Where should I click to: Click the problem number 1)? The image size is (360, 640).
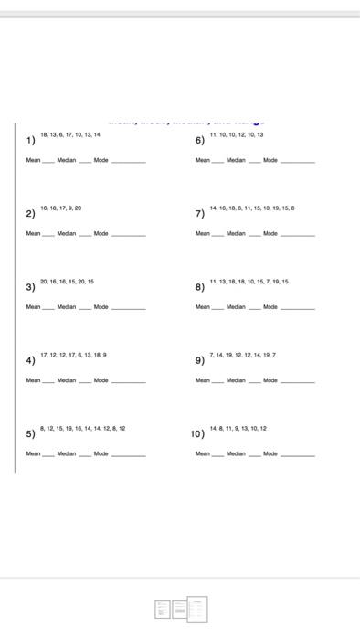(31, 141)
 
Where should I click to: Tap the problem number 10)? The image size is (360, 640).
(197, 433)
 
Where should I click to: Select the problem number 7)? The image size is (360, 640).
(199, 214)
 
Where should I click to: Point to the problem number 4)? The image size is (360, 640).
(31, 360)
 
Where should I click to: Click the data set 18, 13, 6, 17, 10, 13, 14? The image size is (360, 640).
(70, 134)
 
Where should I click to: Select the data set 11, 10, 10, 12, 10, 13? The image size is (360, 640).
(237, 134)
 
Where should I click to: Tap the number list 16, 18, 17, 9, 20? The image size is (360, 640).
(61, 208)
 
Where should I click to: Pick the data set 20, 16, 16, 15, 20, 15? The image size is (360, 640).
(67, 282)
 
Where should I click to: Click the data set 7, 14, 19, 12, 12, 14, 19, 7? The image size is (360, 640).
(242, 355)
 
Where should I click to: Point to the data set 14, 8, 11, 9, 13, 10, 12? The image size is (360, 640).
(238, 428)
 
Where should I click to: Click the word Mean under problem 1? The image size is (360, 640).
(33, 160)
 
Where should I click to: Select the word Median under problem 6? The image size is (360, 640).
(236, 160)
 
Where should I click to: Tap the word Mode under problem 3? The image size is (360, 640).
(101, 307)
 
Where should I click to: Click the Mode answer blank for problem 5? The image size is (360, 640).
(128, 455)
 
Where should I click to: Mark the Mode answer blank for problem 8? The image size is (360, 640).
(297, 309)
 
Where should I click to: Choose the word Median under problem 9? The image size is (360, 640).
(236, 380)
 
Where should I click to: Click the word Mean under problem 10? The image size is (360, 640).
(203, 453)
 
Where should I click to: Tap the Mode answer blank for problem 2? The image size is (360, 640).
(128, 236)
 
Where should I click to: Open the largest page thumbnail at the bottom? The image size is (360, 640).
(197, 609)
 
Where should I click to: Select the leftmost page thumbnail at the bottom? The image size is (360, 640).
(163, 609)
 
